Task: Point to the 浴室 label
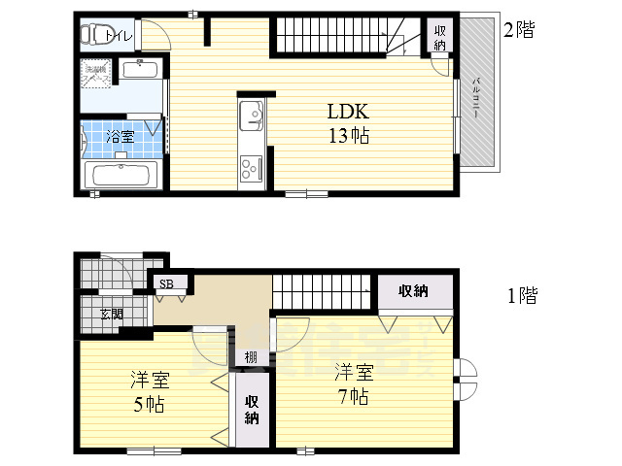(120, 137)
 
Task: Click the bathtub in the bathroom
(121, 176)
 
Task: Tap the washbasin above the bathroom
(142, 70)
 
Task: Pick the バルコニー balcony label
(477, 97)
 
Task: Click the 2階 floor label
(518, 30)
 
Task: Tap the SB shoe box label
(167, 284)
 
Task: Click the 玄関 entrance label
(112, 314)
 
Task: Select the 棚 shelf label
(251, 357)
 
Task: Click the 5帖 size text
(148, 403)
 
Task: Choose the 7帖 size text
(353, 396)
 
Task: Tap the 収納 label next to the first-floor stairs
(413, 292)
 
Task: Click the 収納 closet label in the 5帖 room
(252, 410)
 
